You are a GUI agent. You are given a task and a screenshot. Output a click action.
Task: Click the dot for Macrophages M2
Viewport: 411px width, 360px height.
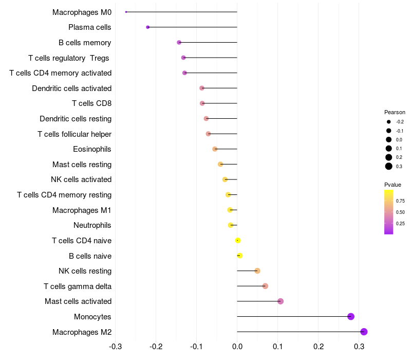[x=364, y=332]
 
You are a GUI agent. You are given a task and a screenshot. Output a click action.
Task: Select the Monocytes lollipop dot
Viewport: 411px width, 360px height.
[x=351, y=316]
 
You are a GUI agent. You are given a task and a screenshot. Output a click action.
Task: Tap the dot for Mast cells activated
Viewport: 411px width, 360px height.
[x=281, y=301]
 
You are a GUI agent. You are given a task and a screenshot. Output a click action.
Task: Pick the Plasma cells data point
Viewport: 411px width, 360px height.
[x=148, y=27]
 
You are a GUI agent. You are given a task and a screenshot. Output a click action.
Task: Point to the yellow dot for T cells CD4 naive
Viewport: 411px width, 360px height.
[x=238, y=240]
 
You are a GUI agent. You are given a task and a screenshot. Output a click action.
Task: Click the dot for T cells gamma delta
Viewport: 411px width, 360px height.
[x=265, y=286]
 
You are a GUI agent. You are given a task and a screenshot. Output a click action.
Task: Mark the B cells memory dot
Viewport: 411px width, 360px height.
[x=179, y=42]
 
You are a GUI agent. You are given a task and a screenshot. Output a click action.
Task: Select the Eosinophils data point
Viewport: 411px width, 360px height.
[x=215, y=149]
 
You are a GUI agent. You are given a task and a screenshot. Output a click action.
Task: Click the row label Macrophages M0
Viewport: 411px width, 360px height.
[x=82, y=12]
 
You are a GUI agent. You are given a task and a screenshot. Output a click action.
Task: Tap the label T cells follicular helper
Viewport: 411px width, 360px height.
[x=74, y=134]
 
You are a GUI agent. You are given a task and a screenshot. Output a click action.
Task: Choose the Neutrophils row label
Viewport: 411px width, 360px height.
[x=92, y=225]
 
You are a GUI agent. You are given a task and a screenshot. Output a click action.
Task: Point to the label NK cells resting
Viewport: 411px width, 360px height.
[x=85, y=271]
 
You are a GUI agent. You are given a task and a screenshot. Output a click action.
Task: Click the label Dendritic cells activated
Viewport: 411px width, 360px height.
[x=71, y=88]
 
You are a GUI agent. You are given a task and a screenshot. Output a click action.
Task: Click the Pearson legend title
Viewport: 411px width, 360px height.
[x=395, y=112]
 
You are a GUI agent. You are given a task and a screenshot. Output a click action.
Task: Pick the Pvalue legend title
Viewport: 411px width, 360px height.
[x=393, y=185]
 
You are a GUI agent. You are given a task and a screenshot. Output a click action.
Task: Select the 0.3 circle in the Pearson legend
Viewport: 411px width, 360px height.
[x=389, y=166]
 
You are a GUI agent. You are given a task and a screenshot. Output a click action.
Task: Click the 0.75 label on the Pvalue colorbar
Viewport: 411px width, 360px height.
[x=400, y=201]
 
